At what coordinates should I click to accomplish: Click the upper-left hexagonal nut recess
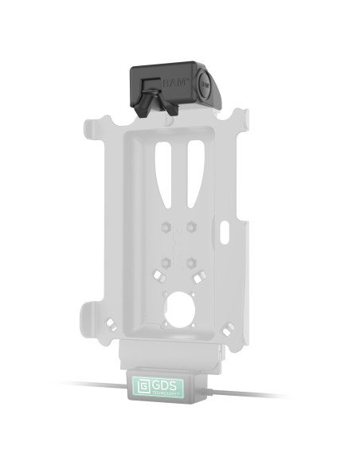[x=165, y=227]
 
